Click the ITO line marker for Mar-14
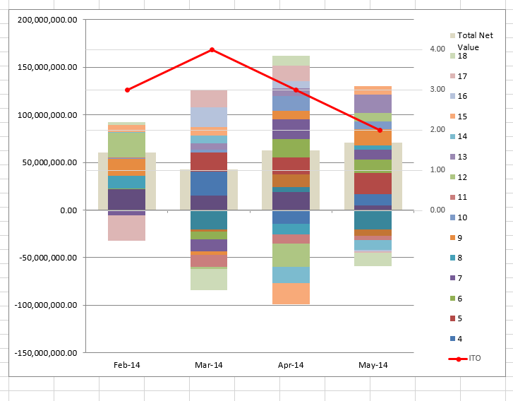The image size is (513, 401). tap(212, 49)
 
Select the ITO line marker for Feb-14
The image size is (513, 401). tap(127, 90)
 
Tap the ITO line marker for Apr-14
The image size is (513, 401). tap(296, 90)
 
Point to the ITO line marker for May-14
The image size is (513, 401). tap(380, 130)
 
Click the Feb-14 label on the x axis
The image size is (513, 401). tap(127, 365)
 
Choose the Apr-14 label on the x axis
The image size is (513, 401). tap(291, 365)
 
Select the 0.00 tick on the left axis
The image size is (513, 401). tap(64, 210)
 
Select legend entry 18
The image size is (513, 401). tap(462, 56)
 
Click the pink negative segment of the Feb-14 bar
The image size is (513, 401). tap(127, 228)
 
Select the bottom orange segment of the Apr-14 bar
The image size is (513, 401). tap(291, 293)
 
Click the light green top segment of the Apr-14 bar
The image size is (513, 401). tap(291, 61)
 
